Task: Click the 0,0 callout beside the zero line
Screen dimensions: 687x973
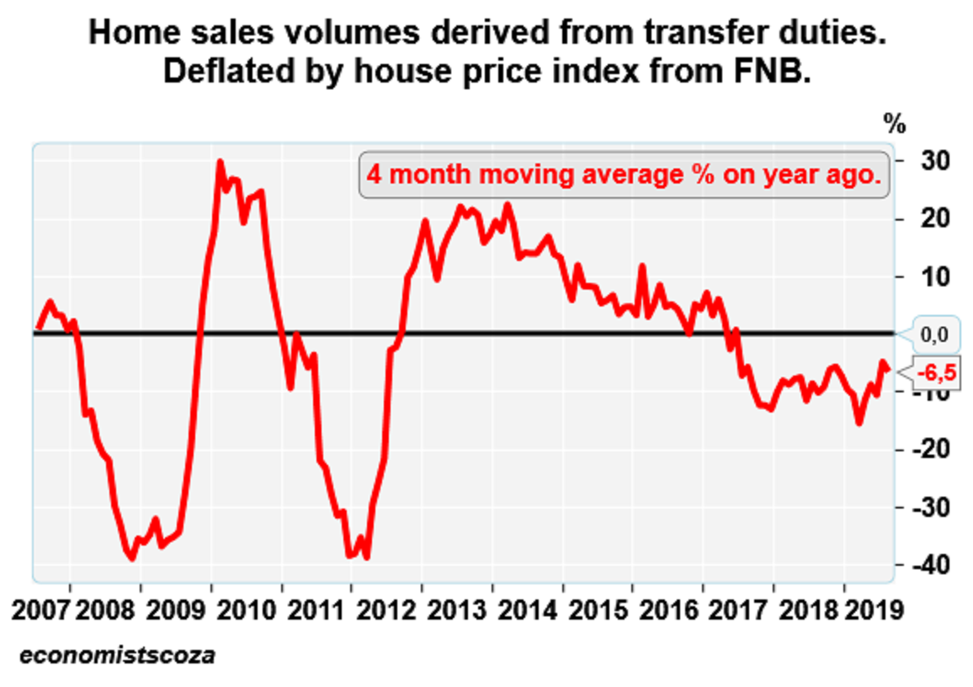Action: tap(934, 335)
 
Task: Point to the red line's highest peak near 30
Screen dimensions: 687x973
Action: tap(220, 162)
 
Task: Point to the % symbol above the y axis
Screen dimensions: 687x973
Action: tap(895, 125)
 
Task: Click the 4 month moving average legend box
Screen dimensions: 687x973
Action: tap(624, 175)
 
